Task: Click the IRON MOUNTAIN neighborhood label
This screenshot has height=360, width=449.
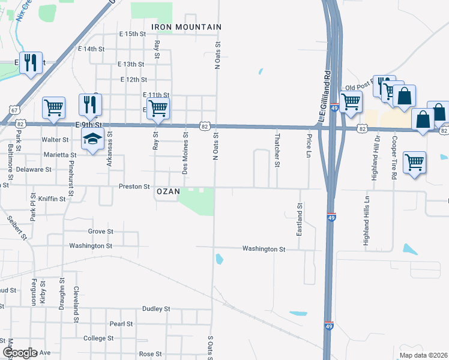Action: (187, 27)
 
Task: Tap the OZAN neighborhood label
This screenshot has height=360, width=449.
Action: (168, 191)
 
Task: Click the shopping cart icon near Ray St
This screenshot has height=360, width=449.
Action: (158, 108)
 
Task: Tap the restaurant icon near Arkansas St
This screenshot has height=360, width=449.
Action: (90, 104)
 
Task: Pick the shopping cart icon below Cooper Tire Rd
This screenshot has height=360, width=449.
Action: (414, 161)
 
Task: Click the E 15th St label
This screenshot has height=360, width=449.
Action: (132, 34)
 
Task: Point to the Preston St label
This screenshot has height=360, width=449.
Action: (134, 187)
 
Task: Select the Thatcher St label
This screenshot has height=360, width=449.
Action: (277, 147)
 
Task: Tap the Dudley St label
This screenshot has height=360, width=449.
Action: (156, 309)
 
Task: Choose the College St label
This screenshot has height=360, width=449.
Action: (94, 338)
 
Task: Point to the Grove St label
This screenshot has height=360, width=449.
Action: (100, 231)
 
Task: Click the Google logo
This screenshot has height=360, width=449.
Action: (20, 353)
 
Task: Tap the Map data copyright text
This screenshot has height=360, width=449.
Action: (423, 355)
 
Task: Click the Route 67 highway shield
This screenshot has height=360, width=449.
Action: (14, 110)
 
